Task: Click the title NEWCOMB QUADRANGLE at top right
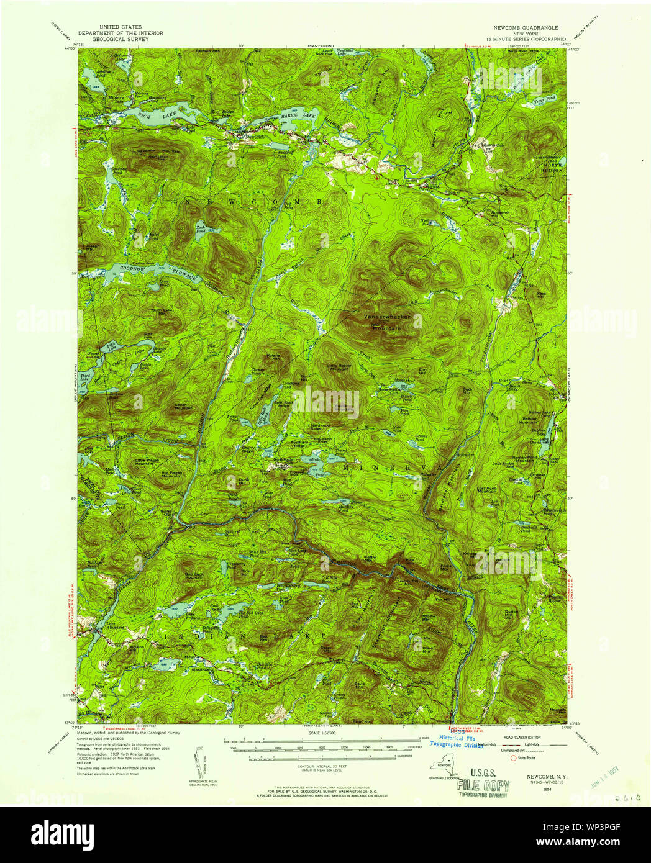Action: (x=526, y=28)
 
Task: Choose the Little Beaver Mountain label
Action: (x=339, y=368)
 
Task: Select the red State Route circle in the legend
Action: (x=513, y=757)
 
